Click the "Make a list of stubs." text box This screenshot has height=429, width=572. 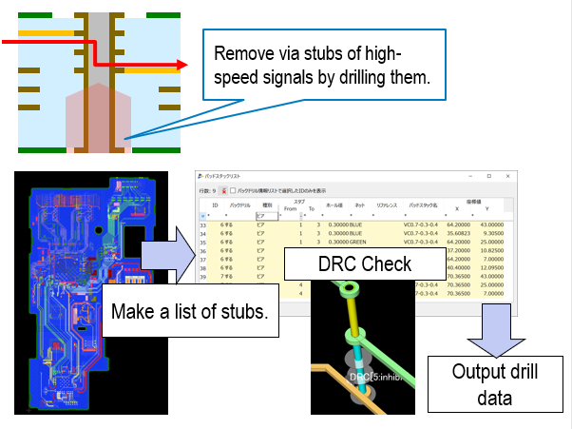[x=189, y=311]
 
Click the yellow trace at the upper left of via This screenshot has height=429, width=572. [x=47, y=32]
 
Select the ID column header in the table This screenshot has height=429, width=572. [x=216, y=205]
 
